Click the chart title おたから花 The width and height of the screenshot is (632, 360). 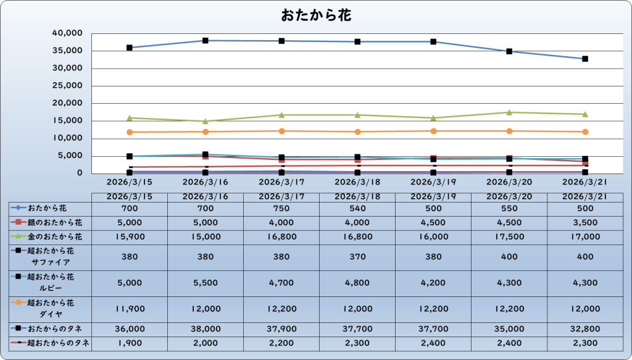click(316, 15)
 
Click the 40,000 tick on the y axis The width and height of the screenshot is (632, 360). click(68, 33)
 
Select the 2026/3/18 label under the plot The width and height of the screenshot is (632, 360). click(357, 182)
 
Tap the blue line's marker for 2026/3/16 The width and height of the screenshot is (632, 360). click(206, 41)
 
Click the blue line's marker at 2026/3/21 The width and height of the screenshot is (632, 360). click(585, 59)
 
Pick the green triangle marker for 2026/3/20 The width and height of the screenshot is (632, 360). click(509, 112)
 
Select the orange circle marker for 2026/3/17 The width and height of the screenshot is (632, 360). click(281, 131)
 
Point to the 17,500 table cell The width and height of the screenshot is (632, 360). click(509, 237)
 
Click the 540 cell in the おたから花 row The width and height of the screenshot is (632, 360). click(357, 209)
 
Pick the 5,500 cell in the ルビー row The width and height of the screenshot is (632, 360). click(206, 283)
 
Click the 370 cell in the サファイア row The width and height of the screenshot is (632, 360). click(357, 256)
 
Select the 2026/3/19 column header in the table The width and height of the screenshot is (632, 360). click(433, 196)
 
